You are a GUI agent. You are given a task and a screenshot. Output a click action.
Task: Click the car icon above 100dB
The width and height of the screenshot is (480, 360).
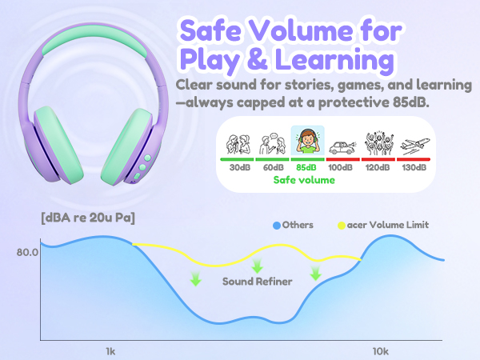point(341,145)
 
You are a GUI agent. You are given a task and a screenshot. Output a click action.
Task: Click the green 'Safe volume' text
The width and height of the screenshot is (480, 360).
point(305,180)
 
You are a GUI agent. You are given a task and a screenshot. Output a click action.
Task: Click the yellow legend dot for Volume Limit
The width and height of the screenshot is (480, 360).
point(342,225)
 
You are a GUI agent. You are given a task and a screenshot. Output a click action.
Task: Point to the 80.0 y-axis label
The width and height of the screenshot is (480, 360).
point(26,253)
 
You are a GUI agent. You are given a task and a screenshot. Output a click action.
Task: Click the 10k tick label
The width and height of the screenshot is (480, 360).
point(381,351)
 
